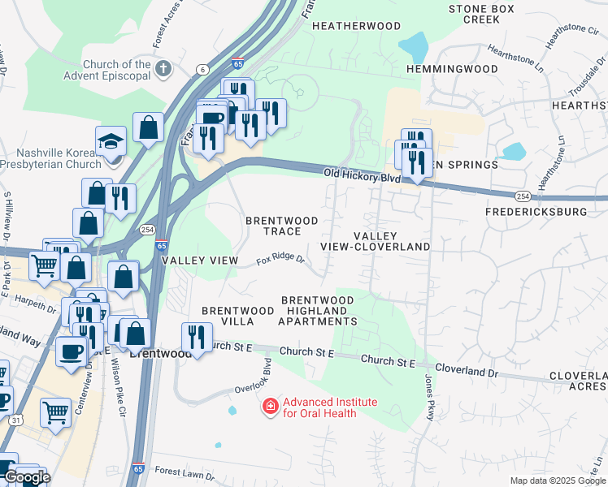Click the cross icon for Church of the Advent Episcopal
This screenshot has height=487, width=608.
coord(163,67)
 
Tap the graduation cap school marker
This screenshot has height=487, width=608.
coord(111,142)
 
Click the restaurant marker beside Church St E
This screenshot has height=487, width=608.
coord(196,337)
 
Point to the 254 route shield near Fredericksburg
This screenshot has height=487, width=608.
coord(523,196)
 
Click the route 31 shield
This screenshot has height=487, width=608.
coord(16,420)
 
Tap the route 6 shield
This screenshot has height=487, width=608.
coord(200,70)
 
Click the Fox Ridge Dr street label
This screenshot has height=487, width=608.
coord(280,261)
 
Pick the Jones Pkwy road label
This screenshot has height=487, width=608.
coord(429,398)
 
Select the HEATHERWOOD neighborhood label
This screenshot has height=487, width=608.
coord(356,26)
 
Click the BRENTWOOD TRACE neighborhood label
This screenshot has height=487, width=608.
coord(273,226)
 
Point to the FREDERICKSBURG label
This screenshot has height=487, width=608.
coord(535,212)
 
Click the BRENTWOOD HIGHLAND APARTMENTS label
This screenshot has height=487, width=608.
coord(317,311)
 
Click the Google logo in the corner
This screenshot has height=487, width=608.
coord(27,477)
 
